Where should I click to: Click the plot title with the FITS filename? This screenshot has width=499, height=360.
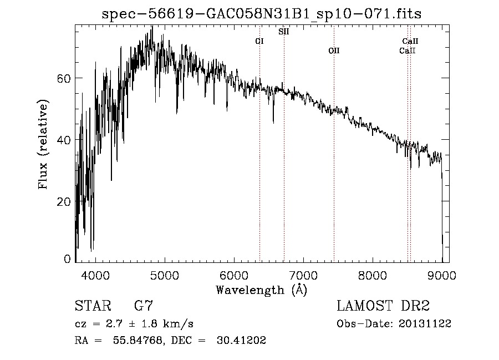262,14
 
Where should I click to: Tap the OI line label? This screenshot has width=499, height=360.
259,42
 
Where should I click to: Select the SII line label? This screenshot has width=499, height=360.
283,32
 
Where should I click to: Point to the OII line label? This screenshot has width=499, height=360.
334,51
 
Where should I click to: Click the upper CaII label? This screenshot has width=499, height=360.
410,41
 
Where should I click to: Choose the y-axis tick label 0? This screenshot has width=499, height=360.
68,259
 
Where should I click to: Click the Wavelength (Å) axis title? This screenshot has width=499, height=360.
261,290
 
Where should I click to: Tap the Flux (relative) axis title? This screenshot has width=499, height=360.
43,144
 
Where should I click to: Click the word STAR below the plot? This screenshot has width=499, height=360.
90,306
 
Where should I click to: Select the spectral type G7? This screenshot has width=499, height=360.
143,306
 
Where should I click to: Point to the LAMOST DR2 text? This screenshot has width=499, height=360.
383,306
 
